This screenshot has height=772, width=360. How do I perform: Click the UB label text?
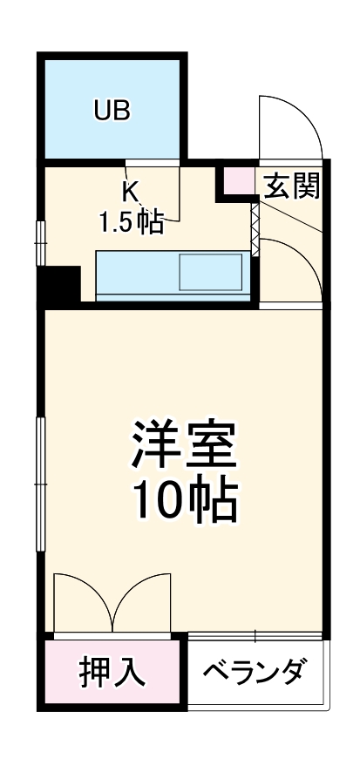[x=112, y=111]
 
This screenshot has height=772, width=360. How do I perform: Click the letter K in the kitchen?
[x=130, y=190]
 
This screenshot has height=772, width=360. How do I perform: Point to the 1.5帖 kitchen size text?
[x=130, y=222]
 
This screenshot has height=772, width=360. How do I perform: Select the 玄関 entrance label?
[x=291, y=185]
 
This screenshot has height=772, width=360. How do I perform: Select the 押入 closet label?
[x=111, y=673]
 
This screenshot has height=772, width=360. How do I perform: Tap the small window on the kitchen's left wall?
[x=39, y=243]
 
